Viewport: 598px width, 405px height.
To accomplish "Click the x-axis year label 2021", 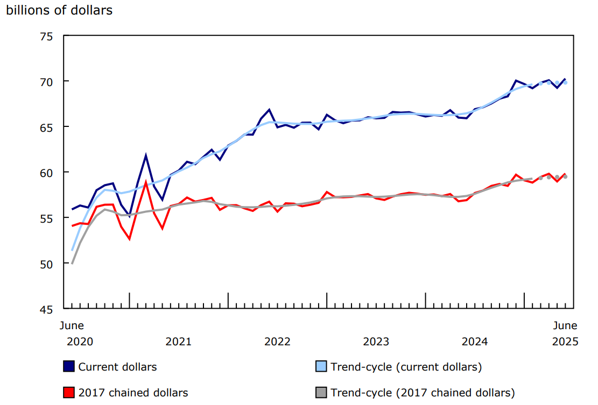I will (x=179, y=342).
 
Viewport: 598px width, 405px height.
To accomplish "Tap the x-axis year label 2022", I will (x=277, y=342).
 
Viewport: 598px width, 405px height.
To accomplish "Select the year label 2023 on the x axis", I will (x=376, y=342).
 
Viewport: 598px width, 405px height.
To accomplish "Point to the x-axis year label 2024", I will (x=475, y=342).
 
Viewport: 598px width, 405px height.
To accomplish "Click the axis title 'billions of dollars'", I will (x=59, y=10).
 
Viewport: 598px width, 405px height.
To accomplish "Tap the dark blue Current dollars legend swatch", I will (x=68, y=367).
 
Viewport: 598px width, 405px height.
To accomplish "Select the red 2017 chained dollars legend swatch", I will (x=68, y=393).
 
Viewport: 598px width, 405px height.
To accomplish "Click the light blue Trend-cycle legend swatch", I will (x=320, y=367).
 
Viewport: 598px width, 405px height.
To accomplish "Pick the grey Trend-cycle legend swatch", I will (x=320, y=393).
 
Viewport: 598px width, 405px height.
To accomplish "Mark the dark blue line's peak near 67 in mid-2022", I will (x=269, y=110).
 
